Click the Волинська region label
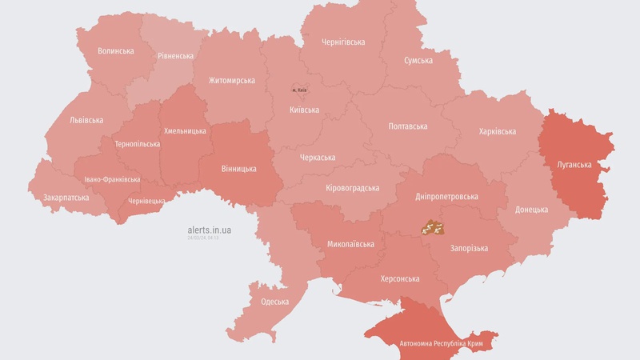115,50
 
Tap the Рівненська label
175,56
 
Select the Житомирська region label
232,80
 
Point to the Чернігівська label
343,42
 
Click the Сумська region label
418,60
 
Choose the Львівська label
86,120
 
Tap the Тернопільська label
137,144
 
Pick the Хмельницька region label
185,130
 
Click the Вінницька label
238,169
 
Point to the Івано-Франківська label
113,179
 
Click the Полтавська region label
407,126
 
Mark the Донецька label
531,210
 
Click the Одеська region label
275,302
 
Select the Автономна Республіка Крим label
431,345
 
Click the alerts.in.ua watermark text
210,230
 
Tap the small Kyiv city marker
299,89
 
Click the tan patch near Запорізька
433,228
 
